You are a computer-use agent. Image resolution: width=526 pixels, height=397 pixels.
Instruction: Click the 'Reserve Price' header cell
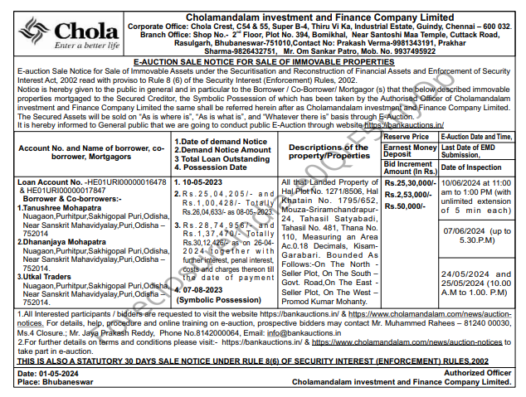tap(407, 136)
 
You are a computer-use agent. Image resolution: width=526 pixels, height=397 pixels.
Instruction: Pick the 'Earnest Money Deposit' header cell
tap(409, 150)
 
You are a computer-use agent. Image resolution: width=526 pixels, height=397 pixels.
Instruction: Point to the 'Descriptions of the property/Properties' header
tap(329, 152)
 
